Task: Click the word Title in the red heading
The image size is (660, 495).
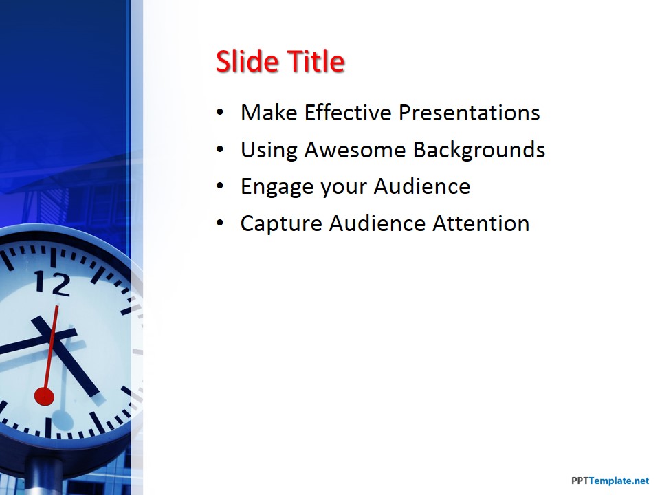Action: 315,62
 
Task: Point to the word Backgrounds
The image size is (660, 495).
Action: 478,150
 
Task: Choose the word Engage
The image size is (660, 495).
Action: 277,187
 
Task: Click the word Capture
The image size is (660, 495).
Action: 281,224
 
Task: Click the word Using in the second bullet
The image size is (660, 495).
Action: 268,151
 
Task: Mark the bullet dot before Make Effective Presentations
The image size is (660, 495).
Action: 219,113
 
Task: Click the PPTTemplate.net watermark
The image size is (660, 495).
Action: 610,481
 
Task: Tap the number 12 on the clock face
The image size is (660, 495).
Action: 52,283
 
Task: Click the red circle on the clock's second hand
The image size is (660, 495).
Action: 44,396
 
